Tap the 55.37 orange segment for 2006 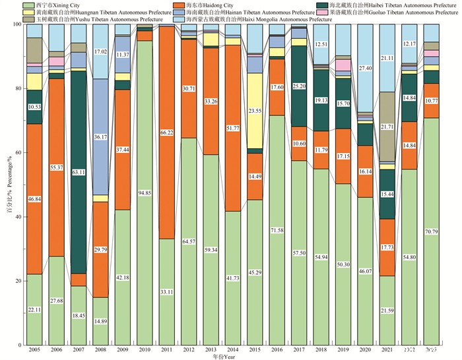click(x=57, y=168)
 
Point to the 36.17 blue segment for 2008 click(x=100, y=137)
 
